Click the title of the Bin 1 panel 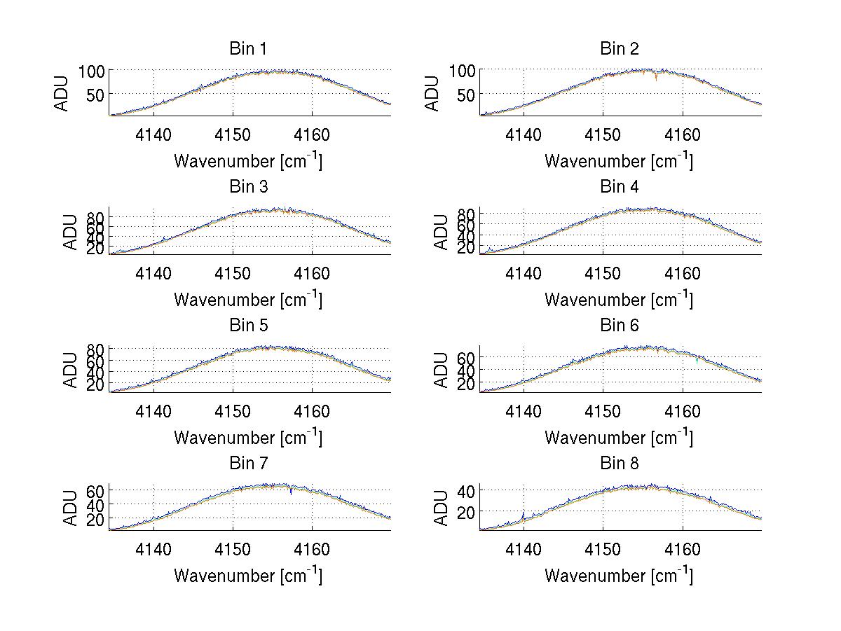pyautogui.click(x=248, y=49)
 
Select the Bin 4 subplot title pyautogui.click(x=619, y=187)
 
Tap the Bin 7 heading pyautogui.click(x=248, y=464)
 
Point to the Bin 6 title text pyautogui.click(x=619, y=326)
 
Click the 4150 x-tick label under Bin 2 pyautogui.click(x=603, y=134)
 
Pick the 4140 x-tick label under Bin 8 pyautogui.click(x=524, y=549)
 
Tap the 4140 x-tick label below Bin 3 pyautogui.click(x=153, y=273)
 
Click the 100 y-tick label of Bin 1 pyautogui.click(x=91, y=71)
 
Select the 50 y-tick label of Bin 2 pyautogui.click(x=467, y=95)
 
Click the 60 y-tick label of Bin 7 pyautogui.click(x=96, y=491)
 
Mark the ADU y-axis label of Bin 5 pyautogui.click(x=71, y=370)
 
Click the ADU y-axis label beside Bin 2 pyautogui.click(x=432, y=93)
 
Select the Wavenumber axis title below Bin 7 pyautogui.click(x=248, y=576)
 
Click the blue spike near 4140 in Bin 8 pyautogui.click(x=523, y=516)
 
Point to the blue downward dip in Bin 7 pyautogui.click(x=291, y=491)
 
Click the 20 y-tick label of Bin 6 pyautogui.click(x=467, y=384)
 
